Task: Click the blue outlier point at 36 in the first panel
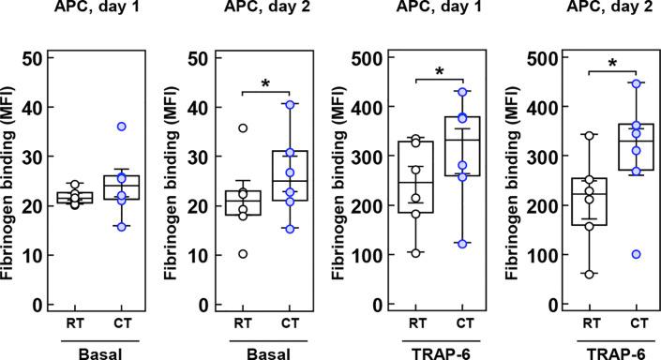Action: click(x=122, y=126)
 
